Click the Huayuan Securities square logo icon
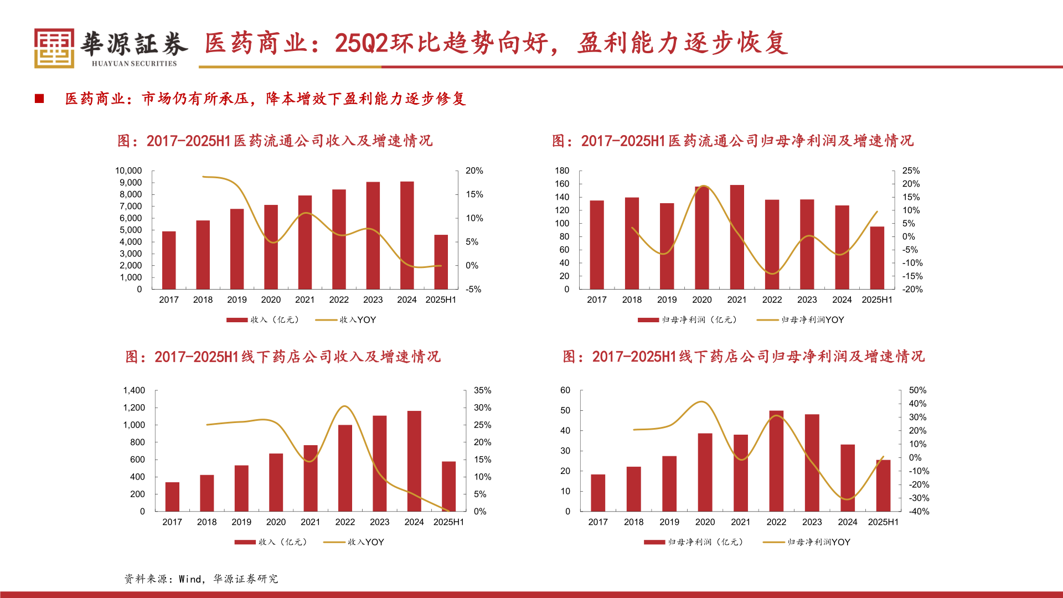54,48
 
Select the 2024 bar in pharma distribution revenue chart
407,235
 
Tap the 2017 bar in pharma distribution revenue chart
169,260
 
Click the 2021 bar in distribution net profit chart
737,237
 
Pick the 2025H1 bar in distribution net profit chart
877,257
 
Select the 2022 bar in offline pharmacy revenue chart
345,468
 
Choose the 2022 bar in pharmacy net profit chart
776,461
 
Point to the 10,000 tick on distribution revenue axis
128,171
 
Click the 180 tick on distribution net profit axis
562,171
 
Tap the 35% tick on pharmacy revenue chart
482,390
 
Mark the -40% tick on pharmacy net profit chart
919,512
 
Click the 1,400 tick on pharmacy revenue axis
134,390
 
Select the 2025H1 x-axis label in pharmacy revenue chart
448,522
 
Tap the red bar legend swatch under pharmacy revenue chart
245,542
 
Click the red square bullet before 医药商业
39,99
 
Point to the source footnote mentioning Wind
201,579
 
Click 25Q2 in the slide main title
362,43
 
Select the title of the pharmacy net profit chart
744,357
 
